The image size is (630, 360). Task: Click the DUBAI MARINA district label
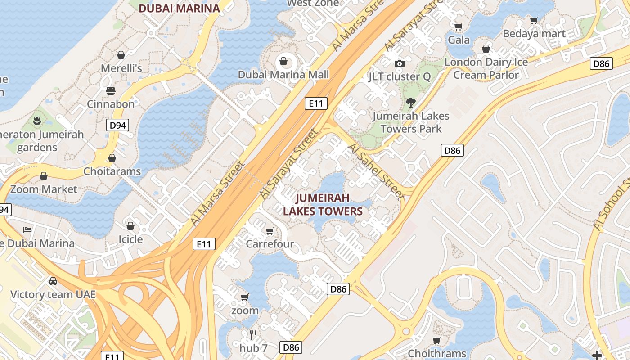pos(179,8)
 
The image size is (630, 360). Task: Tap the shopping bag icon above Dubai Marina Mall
pos(283,61)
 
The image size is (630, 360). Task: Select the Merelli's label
pos(121,68)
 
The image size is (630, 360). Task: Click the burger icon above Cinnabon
pos(111,91)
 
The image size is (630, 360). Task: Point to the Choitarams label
pos(112,171)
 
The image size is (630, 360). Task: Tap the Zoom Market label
pos(44,189)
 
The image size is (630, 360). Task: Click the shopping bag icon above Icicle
pos(130,226)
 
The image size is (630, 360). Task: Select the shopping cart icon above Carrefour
pos(270,231)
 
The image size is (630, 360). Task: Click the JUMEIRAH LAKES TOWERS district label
pos(323,205)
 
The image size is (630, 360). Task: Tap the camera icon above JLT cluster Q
pos(399,64)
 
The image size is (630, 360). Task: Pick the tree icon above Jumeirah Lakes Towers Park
pos(410,103)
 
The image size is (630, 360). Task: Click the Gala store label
pos(459,40)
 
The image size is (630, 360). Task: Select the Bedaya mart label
pos(534,34)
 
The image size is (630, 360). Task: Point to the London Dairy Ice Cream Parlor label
pos(486,68)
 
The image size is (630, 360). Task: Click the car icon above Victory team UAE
pos(53,281)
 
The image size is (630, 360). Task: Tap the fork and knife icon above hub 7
pos(253,335)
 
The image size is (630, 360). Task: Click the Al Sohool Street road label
pos(612,205)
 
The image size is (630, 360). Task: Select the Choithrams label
pos(436,353)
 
